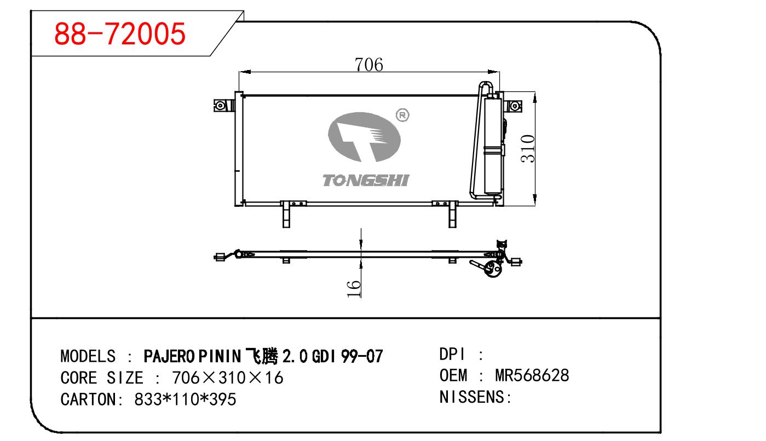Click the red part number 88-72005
coord(120,33)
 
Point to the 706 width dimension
coord(369,65)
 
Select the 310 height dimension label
coord(528,149)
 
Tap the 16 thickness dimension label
coord(354,289)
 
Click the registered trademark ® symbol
coord(402,115)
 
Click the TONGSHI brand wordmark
coord(366,181)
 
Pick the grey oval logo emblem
coord(364,137)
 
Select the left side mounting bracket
coord(223,105)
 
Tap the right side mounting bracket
coord(512,106)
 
